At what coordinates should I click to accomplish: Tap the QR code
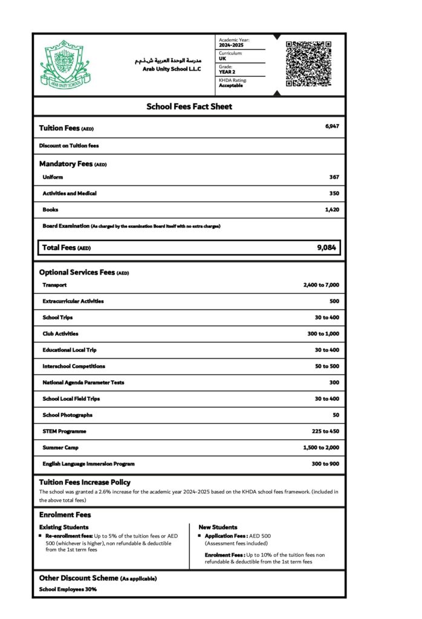coord(308,63)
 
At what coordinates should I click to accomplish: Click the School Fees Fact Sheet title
coord(189,106)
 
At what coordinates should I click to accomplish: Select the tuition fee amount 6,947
coord(332,126)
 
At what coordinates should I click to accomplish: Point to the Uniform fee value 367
coord(334,177)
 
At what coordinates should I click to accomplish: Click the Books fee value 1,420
coord(332,210)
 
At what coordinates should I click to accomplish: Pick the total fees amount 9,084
coord(326,247)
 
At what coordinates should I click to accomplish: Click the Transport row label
coord(54,285)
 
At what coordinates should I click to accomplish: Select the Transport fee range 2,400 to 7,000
coord(321,285)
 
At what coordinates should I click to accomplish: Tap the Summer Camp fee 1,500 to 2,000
coord(321,447)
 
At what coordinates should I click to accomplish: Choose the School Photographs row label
coord(68,415)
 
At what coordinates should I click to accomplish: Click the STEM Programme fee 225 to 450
coord(325,431)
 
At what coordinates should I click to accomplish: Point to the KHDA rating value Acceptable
coord(231,85)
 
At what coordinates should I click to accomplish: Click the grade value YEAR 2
coord(227,72)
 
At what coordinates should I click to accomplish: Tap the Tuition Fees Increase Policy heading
coord(85,482)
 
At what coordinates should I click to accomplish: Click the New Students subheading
coord(218,527)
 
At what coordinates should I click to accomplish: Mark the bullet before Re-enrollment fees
coord(41,536)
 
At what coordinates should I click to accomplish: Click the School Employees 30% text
coord(68,589)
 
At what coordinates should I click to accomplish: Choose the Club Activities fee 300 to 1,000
coord(323,334)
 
